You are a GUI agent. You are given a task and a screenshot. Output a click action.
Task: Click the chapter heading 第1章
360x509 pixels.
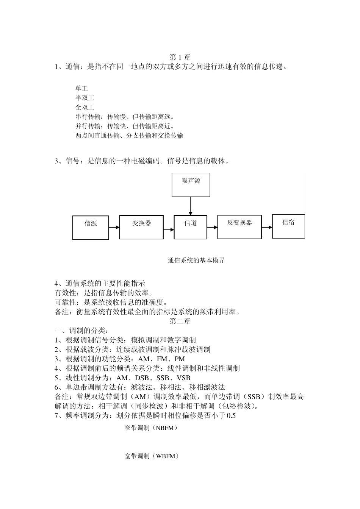(x=180, y=58)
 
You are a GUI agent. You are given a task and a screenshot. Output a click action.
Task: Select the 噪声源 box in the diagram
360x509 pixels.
(x=191, y=185)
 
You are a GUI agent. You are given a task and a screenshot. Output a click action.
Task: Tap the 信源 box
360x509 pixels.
(x=91, y=227)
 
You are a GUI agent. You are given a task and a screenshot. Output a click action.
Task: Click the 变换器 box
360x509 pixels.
(x=141, y=227)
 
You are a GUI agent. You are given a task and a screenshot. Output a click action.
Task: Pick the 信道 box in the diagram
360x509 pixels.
(x=191, y=227)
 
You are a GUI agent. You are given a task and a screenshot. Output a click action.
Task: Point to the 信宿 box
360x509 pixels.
(x=288, y=226)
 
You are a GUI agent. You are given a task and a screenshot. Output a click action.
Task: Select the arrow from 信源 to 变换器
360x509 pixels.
(x=114, y=227)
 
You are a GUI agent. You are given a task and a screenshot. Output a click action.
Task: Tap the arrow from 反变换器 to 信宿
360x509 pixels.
(x=267, y=227)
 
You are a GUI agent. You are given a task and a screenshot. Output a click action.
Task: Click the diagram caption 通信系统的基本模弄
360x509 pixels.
(x=196, y=261)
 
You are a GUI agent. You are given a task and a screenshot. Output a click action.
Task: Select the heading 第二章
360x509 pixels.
(x=180, y=321)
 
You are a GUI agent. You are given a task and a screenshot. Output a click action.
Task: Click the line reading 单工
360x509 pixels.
(x=81, y=89)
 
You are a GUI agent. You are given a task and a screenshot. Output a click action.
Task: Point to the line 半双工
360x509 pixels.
(x=85, y=98)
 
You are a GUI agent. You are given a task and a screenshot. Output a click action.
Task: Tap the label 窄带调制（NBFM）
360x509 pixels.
(x=151, y=428)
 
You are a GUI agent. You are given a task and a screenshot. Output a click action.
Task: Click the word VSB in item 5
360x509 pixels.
(x=183, y=378)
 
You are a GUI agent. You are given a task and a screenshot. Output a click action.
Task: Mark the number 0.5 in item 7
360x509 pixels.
(x=231, y=416)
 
